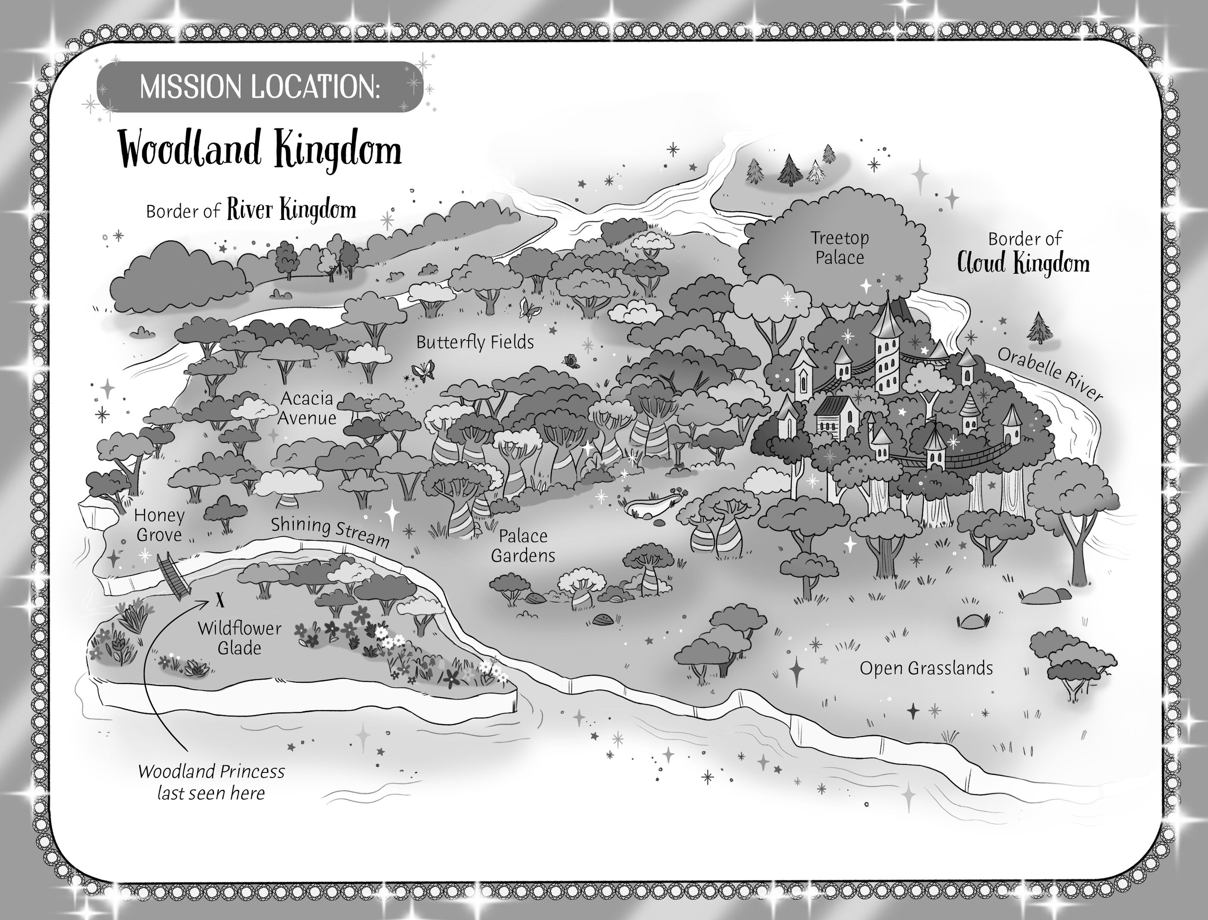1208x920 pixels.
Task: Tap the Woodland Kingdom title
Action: coord(261,150)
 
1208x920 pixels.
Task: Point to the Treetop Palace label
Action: coord(840,248)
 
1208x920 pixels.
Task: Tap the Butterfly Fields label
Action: coord(475,342)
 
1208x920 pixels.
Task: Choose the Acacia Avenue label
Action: coord(307,408)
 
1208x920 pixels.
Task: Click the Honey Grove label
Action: coord(159,524)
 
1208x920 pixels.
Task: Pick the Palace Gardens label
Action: coord(523,546)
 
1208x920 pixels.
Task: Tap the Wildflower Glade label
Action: coord(239,638)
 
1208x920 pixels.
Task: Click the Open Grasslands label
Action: coord(926,668)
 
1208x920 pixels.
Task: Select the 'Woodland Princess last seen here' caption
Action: coord(211,782)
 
